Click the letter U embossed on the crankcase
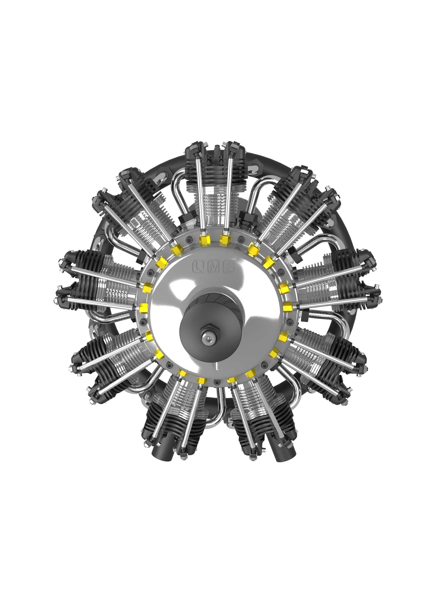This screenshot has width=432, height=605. [198, 266]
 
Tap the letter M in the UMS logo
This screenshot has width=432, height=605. [214, 266]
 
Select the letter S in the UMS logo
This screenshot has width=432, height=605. [229, 266]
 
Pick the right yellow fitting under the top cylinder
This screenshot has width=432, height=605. [225, 240]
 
